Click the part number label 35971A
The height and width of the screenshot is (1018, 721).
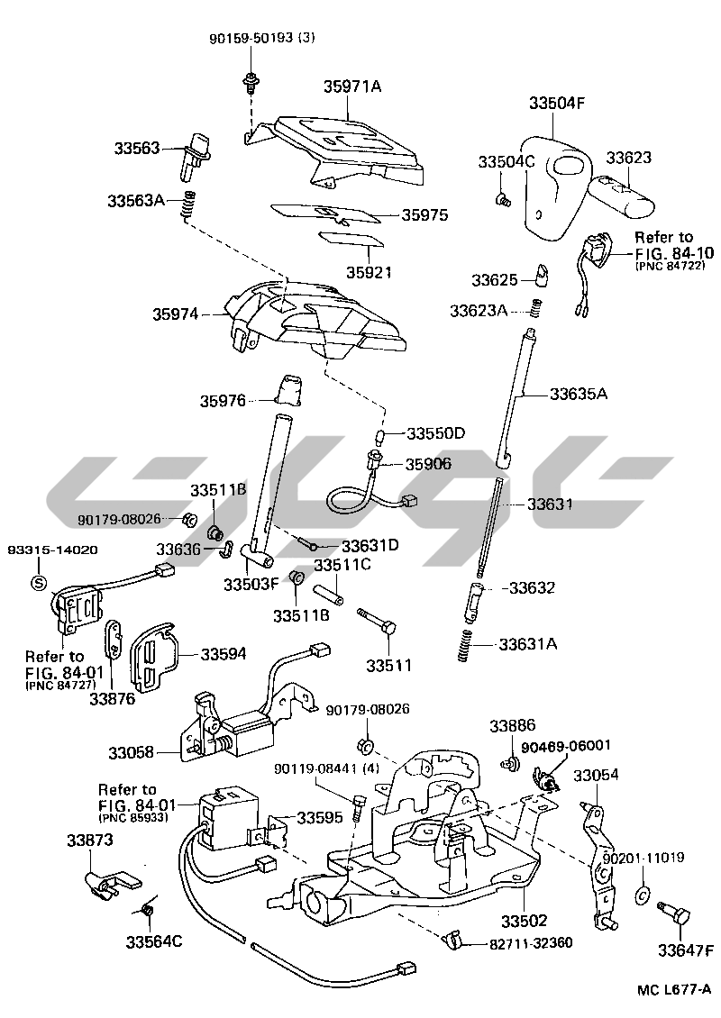tap(352, 87)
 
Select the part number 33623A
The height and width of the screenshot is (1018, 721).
tap(479, 311)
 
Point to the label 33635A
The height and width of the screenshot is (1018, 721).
tap(579, 394)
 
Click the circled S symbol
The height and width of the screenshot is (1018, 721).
tap(39, 582)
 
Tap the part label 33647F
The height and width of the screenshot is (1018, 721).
tap(684, 950)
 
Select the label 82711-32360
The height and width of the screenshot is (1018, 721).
tap(531, 942)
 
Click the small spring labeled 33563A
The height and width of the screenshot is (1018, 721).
tap(188, 206)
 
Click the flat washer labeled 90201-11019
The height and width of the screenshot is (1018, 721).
tap(643, 895)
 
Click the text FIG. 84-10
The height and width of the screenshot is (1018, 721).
tap(675, 253)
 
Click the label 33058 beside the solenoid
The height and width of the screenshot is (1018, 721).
tap(132, 750)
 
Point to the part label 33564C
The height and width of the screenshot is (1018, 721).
tap(154, 942)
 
